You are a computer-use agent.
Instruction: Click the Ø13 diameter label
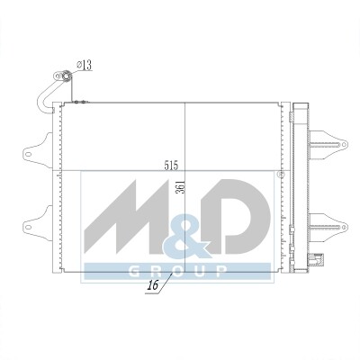coord(84,65)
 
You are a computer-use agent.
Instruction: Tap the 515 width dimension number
coord(171,166)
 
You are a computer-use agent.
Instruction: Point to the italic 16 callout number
coord(153,285)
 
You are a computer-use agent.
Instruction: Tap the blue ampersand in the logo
coord(186,235)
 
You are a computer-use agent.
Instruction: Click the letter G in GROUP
coord(134,271)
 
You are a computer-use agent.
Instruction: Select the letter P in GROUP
coord(221,271)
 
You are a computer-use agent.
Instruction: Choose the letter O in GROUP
coord(178,271)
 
